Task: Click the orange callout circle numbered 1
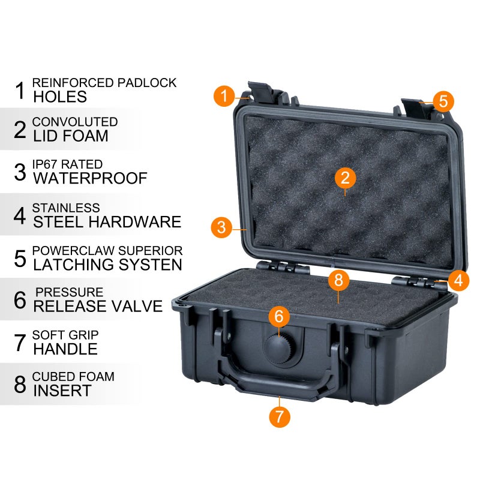point(224,95)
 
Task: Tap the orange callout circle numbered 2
point(345,178)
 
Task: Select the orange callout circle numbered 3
point(221,227)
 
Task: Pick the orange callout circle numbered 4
point(458,280)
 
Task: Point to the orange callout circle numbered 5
point(443,101)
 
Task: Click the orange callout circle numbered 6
point(278,316)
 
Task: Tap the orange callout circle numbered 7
point(280,416)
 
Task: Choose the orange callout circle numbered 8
point(338,280)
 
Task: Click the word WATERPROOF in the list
point(90,179)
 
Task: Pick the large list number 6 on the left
point(20,299)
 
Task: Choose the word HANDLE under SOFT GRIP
point(65,349)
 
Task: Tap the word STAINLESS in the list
point(66,208)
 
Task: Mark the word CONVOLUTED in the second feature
point(74,122)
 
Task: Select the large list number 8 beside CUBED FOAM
point(20,384)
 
